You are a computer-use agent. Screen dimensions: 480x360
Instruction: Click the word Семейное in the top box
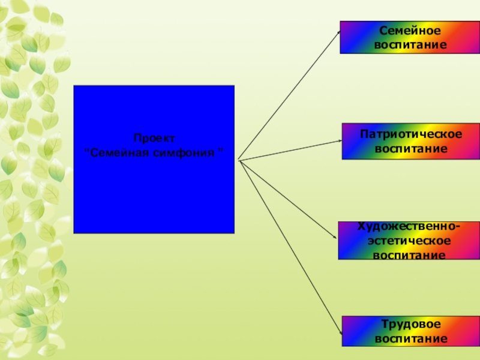tap(410, 30)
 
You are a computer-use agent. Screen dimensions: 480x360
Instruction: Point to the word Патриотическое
tap(411, 133)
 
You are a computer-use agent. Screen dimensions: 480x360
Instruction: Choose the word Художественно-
tap(410, 227)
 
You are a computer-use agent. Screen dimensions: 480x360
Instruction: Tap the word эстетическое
tap(410, 241)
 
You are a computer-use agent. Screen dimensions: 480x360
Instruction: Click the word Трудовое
tap(410, 324)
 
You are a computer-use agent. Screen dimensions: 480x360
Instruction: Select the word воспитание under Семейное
tap(410, 44)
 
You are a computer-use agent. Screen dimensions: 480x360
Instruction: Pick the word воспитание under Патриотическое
tap(411, 148)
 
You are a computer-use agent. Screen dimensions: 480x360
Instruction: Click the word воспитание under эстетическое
tap(410, 255)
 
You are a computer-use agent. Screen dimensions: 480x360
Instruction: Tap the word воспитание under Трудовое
tap(411, 338)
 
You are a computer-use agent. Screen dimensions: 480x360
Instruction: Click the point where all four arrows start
tap(238, 160)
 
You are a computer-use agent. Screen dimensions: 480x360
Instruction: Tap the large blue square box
tap(154, 192)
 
